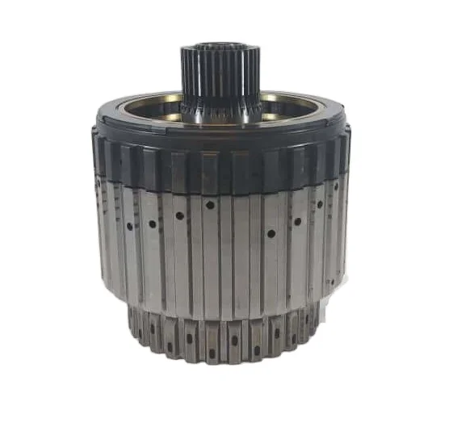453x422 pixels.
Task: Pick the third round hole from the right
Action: click(x=298, y=221)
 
